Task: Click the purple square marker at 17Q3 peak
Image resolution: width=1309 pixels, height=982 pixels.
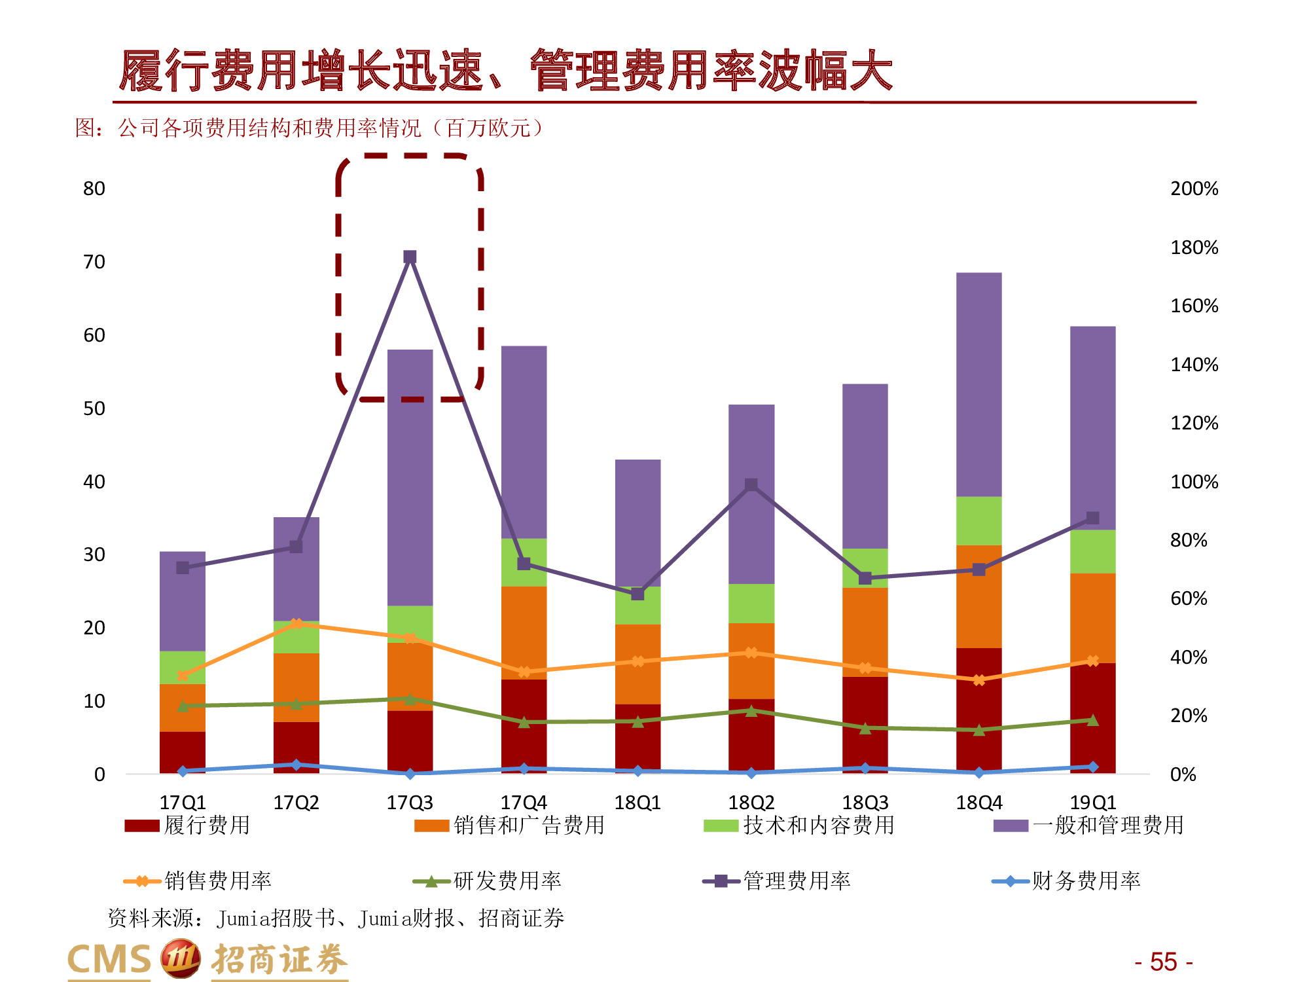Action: pos(410,257)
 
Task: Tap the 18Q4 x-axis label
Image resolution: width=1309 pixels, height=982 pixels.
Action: pos(978,802)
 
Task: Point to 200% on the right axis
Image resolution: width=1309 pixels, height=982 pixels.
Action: pos(1194,189)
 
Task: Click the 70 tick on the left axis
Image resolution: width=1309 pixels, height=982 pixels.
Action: pos(94,262)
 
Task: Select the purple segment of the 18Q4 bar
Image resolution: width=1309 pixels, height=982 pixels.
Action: pos(978,384)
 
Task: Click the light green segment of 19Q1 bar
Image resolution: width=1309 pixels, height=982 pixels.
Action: pos(1092,551)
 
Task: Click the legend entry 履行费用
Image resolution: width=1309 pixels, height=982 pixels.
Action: pos(187,825)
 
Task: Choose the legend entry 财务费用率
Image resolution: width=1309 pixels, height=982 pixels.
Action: pos(1066,881)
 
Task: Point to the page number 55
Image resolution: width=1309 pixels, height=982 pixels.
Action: pos(1163,962)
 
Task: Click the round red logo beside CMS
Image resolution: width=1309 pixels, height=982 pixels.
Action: pos(180,958)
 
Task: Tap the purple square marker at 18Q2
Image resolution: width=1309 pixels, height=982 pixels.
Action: pos(751,484)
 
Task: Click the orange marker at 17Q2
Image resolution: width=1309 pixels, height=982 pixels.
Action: pos(296,623)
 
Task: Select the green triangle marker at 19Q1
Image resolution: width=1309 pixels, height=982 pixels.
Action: pos(1092,720)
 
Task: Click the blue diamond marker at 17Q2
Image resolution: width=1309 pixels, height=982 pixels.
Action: pos(296,765)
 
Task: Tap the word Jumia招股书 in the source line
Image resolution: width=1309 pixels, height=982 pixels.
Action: pos(275,918)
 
